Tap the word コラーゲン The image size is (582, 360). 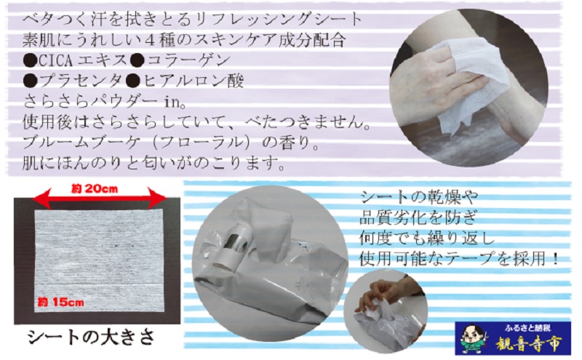click(x=188, y=60)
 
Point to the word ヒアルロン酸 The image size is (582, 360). click(x=193, y=81)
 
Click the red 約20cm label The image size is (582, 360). click(x=95, y=189)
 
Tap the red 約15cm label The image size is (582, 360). click(x=60, y=302)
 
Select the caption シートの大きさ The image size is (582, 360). click(x=92, y=337)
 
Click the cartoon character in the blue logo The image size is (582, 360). click(x=474, y=339)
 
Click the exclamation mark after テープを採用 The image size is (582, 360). click(x=555, y=258)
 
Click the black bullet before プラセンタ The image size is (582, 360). click(x=30, y=81)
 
